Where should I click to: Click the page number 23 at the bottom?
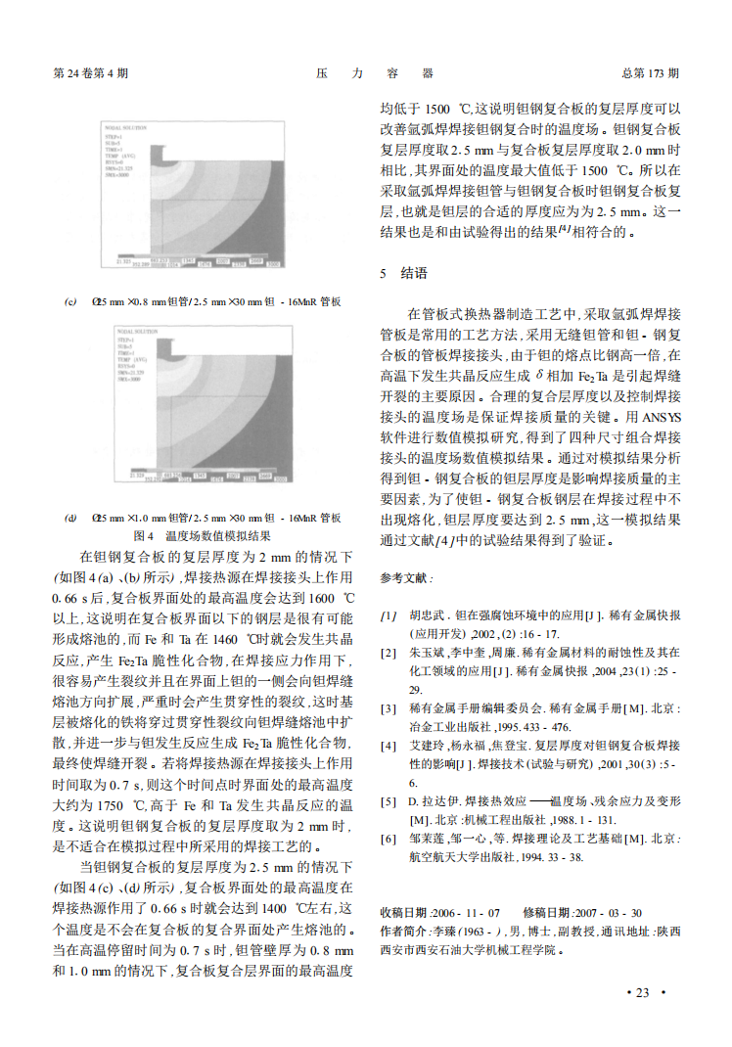[642, 992]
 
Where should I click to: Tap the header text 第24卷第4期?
[90, 73]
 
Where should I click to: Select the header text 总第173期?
[650, 73]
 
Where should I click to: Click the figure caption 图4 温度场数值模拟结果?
[202, 535]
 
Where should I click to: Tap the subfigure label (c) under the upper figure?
[70, 302]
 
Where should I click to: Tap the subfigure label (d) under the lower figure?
[70, 518]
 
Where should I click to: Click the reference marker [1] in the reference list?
[389, 615]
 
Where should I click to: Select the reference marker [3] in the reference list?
[389, 708]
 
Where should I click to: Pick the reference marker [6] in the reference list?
[389, 839]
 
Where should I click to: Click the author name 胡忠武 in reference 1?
[428, 615]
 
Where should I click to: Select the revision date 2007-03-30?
[610, 912]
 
